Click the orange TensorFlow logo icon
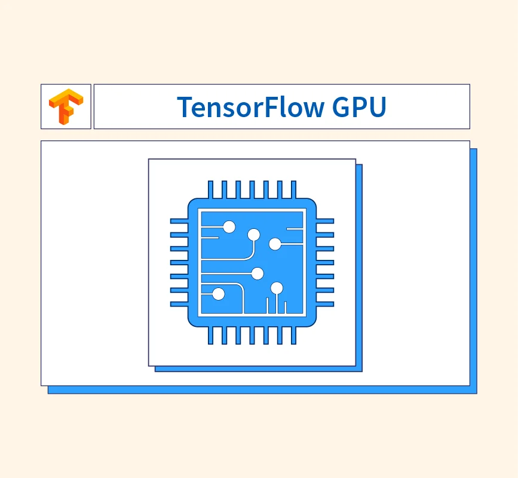coord(66,106)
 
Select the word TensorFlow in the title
coord(251,107)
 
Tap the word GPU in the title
coord(359,107)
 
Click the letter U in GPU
coord(378,107)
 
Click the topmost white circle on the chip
coord(229,227)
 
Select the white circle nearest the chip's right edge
coord(275,244)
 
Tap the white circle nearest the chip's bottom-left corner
coord(218,293)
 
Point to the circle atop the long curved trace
coord(254,235)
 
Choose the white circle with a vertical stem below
coord(277,289)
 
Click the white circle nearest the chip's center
coord(258,274)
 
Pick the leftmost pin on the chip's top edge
coord(210,189)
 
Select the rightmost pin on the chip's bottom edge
coord(294,335)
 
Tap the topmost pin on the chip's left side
coord(179,221)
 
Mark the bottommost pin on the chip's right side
coord(325,304)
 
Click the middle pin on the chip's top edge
coord(252,189)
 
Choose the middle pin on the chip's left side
coord(179,263)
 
